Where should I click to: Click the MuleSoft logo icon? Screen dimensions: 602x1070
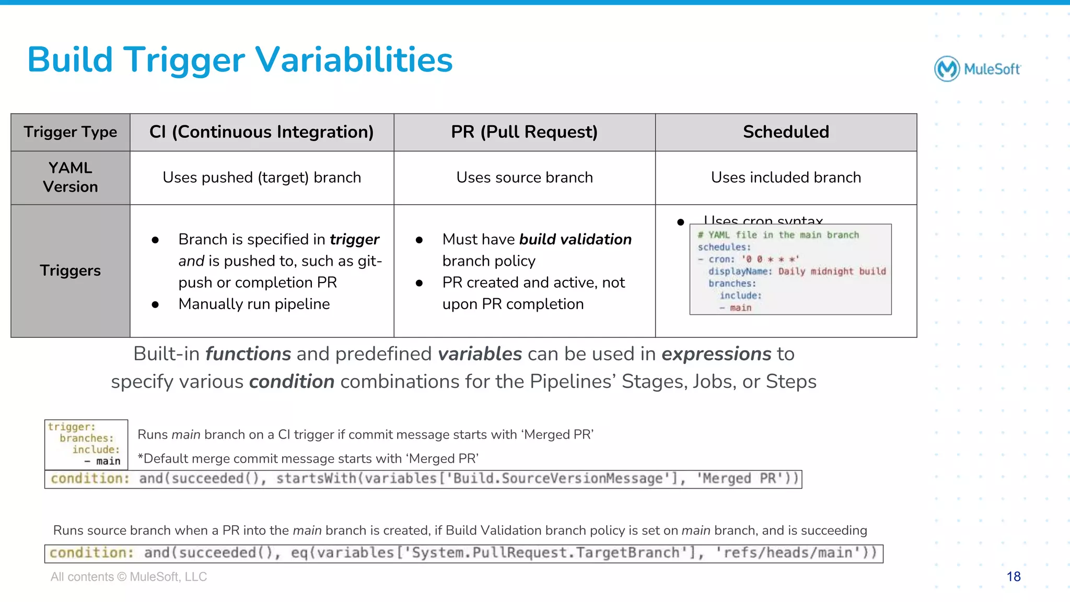947,69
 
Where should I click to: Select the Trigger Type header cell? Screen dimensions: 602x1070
70,132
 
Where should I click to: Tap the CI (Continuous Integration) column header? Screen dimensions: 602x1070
261,132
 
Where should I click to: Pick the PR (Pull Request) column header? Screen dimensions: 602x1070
524,132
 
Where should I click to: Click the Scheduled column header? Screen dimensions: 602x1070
786,132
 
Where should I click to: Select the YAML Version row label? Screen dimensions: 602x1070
70,178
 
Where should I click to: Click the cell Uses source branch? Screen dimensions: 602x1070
524,178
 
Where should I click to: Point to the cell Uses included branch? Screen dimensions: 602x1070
786,178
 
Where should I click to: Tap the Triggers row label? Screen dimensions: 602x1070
70,270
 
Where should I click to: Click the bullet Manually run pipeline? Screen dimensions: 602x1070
254,304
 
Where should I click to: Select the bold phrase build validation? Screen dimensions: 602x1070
575,239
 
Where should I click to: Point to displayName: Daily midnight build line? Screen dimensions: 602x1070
797,271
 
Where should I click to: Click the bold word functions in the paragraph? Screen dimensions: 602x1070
248,354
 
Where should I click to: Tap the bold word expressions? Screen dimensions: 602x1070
716,354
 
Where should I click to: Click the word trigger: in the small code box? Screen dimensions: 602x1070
72,427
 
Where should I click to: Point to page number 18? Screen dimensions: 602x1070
1013,576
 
